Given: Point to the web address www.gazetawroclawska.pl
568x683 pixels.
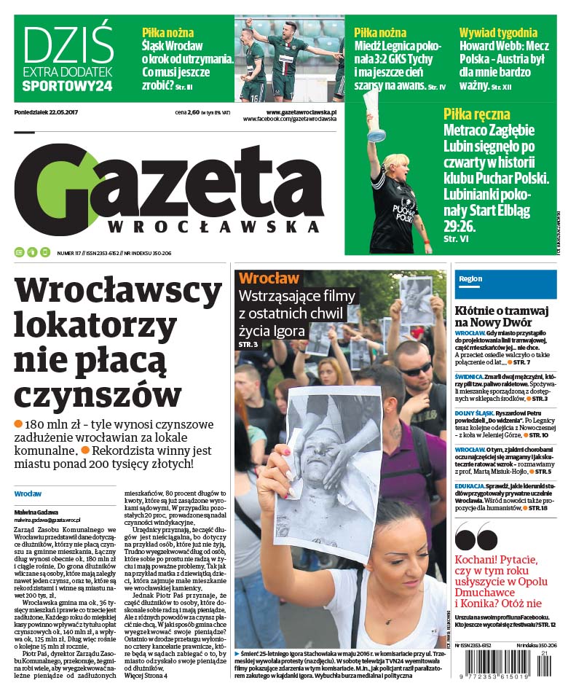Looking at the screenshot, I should (x=301, y=112).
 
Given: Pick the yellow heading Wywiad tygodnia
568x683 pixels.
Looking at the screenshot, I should (x=498, y=33).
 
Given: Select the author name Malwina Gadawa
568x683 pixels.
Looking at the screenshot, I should (x=36, y=512).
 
